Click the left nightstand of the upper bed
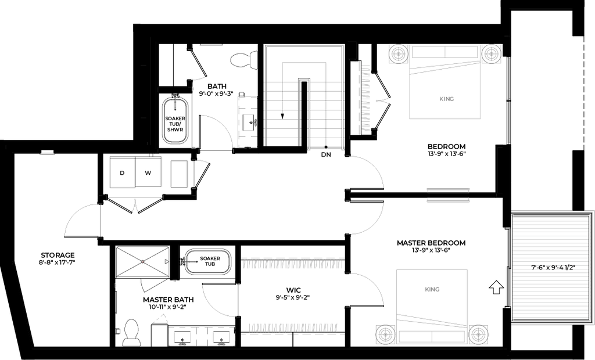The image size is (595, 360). tap(399, 55)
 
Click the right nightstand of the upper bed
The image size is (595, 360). tap(491, 55)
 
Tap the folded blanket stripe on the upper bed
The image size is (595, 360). tap(445, 67)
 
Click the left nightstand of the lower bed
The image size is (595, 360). tap(385, 335)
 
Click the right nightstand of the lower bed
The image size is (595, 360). tap(479, 335)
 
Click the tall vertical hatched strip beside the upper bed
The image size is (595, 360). tap(365, 98)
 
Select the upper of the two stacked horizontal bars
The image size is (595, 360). tap(448, 189)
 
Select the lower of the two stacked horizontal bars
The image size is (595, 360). tap(448, 201)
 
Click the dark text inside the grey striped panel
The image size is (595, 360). tap(553, 268)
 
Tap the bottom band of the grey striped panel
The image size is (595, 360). tap(550, 314)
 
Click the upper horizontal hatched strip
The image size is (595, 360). tap(292, 265)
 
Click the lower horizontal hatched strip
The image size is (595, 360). tap(293, 327)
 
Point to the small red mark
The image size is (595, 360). tap(142, 261)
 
